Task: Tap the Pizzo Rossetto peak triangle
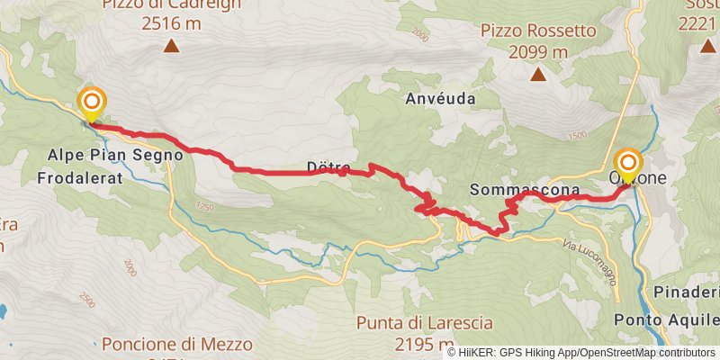[x=538, y=75]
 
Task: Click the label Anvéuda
[x=439, y=97]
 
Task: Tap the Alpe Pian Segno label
[x=115, y=155]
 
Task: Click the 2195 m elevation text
[x=423, y=344]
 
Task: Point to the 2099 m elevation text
[x=537, y=51]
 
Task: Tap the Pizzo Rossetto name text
[x=539, y=31]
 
